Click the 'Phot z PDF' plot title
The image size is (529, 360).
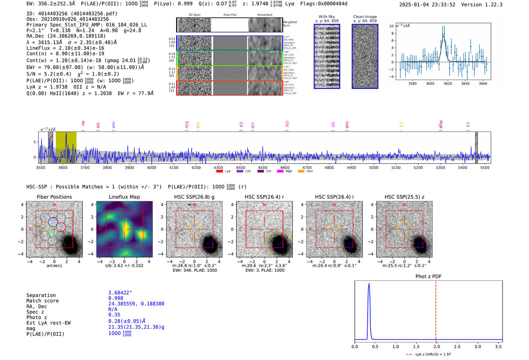coord(428,276)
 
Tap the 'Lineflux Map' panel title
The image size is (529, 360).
coord(124,197)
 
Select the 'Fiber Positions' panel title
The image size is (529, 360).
coord(54,197)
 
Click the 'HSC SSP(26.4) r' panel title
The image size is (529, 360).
coord(264,197)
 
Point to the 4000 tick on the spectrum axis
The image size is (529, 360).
coord(152,167)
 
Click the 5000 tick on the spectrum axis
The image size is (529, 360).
coord(374,167)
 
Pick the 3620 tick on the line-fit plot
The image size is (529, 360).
coord(448,83)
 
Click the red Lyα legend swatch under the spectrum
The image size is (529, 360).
coord(219,172)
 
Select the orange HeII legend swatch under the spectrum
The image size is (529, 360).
coord(301,172)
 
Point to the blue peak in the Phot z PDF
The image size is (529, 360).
coord(369,284)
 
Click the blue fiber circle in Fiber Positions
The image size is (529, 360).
coord(53,222)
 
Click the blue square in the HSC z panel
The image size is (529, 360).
coord(420,246)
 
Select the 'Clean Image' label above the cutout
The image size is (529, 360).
coord(365,17)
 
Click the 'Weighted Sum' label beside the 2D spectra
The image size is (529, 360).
coord(289,24)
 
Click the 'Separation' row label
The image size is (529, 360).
coord(41,295)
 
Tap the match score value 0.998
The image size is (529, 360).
coord(116,298)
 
